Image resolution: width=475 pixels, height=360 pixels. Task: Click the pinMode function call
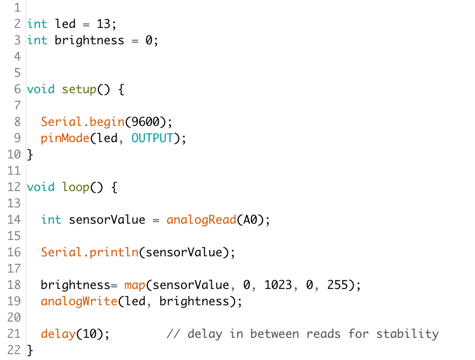point(65,138)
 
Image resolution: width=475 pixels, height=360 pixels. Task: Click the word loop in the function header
point(76,187)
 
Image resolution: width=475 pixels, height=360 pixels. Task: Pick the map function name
point(135,285)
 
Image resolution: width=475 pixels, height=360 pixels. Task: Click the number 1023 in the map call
point(278,285)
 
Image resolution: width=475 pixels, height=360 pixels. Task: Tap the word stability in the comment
point(407,334)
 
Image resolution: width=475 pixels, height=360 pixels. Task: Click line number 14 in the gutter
point(14,220)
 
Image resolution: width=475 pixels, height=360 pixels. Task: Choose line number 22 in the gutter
point(14,350)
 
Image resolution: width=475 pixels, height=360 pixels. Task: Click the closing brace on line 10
point(30,154)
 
